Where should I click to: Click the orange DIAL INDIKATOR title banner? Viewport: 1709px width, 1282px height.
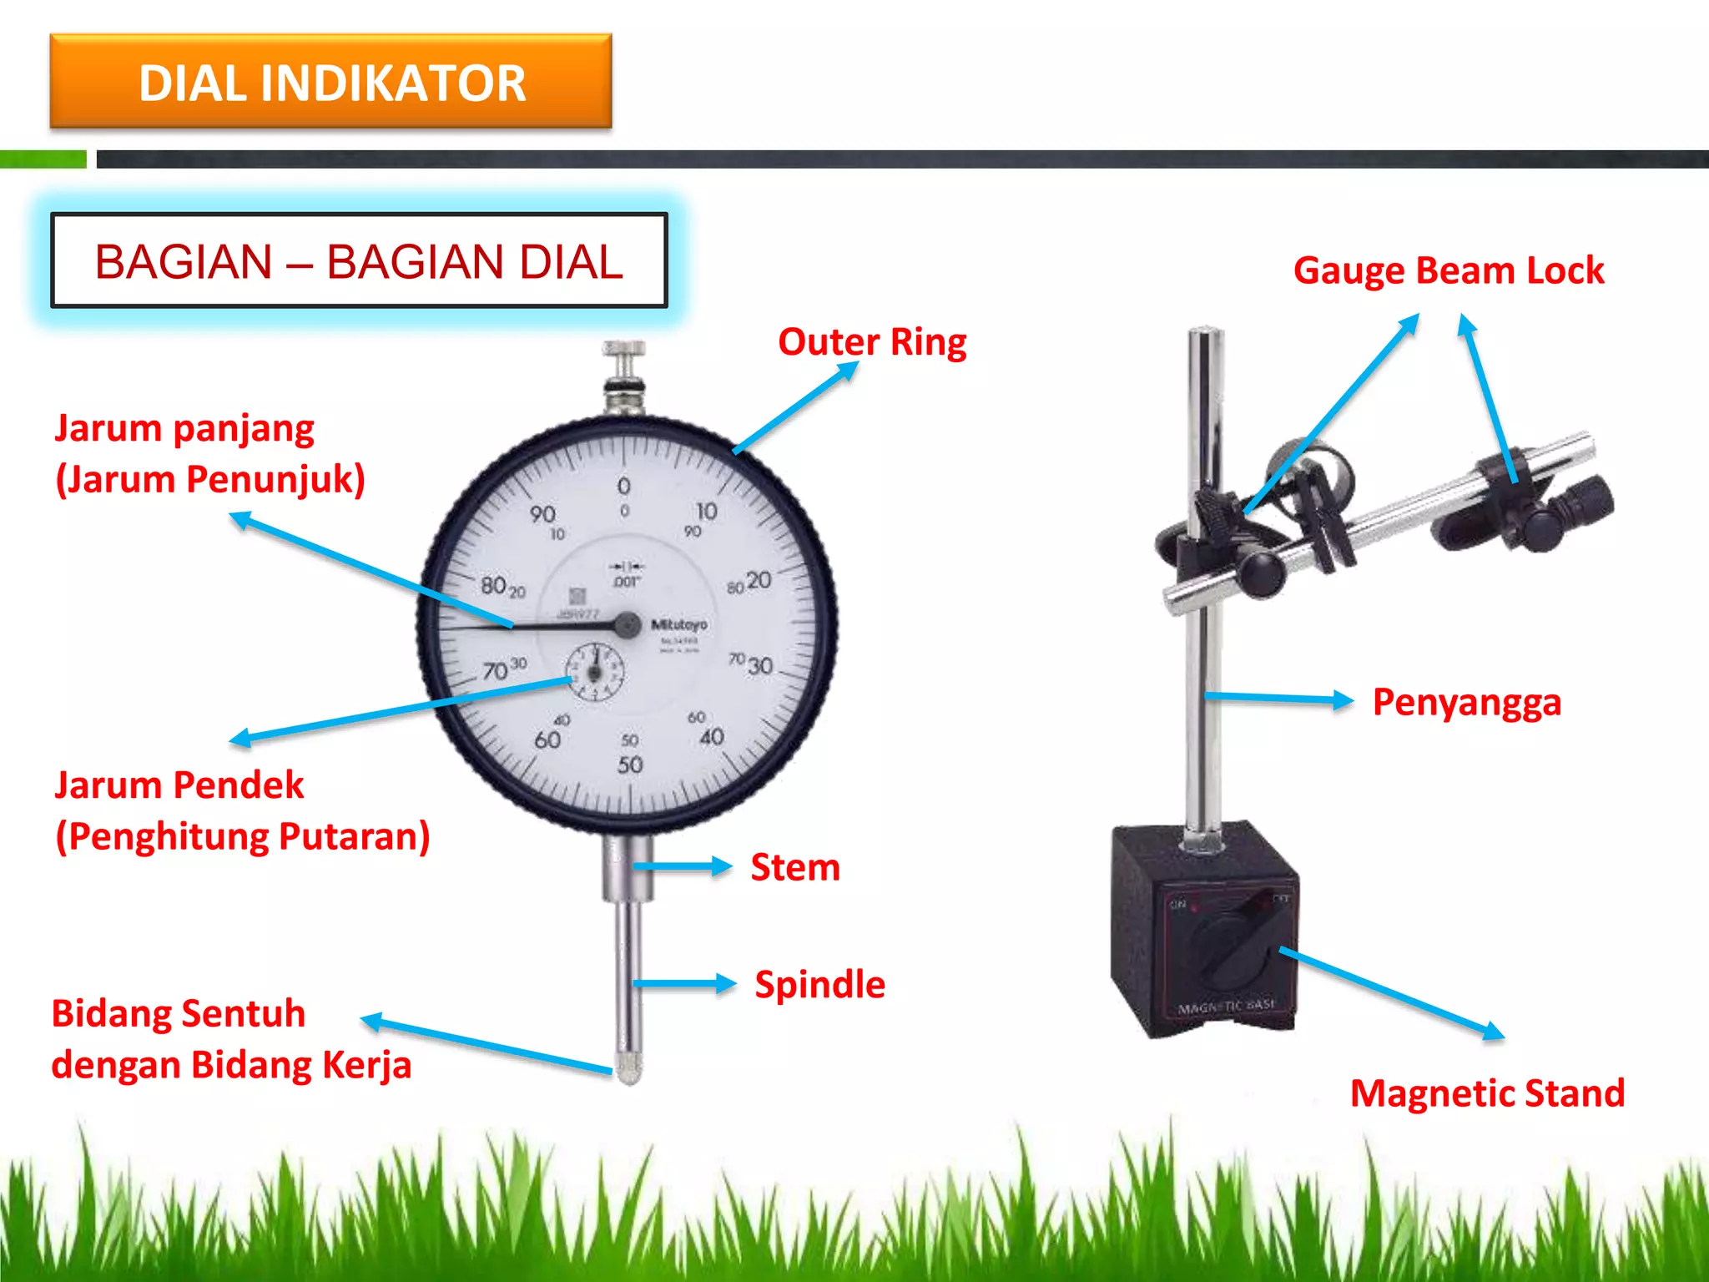(x=331, y=82)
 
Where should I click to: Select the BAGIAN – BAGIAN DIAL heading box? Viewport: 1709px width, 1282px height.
(x=359, y=261)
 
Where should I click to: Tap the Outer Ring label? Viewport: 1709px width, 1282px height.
(x=872, y=342)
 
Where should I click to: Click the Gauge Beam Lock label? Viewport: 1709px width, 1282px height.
(x=1448, y=270)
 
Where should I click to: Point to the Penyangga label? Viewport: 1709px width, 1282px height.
(x=1466, y=702)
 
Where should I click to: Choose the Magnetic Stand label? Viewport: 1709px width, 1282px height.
(x=1487, y=1093)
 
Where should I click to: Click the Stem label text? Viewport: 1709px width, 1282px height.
(x=795, y=867)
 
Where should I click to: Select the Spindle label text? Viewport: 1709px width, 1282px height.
(x=819, y=985)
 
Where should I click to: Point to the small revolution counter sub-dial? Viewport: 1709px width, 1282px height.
(x=594, y=671)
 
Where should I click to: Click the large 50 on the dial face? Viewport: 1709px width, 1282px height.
(x=630, y=765)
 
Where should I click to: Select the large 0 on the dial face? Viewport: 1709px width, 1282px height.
(x=623, y=486)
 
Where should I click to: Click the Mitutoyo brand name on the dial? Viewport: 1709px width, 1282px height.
(x=678, y=624)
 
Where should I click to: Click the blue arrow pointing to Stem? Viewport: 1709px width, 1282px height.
(x=682, y=866)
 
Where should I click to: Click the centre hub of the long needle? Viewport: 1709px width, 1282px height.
(x=627, y=624)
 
